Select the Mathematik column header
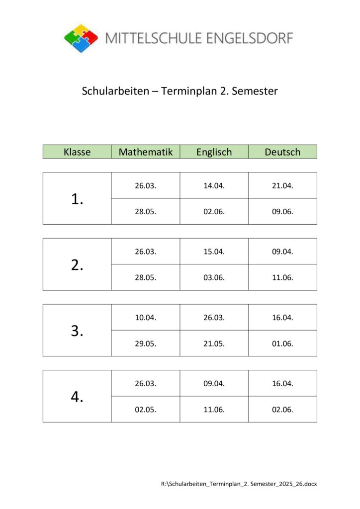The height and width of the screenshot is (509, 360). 146,152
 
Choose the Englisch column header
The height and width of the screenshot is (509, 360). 214,152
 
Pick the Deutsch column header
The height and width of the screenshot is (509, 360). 282,152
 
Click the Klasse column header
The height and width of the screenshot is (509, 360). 77,152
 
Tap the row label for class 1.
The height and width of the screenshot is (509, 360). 77,199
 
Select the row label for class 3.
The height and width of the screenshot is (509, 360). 77,331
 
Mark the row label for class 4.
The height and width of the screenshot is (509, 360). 77,397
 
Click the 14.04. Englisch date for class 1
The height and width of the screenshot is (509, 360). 214,185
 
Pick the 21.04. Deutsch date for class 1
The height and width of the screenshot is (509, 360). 282,185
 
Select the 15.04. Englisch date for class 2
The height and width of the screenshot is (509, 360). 214,252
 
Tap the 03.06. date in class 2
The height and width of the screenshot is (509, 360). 214,277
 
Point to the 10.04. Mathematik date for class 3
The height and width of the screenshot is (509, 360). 146,317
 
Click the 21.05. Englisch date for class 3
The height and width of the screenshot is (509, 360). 214,343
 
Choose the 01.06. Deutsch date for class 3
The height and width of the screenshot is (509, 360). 282,343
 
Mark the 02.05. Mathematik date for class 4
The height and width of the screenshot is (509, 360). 146,410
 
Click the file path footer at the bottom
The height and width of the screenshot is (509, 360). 239,483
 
